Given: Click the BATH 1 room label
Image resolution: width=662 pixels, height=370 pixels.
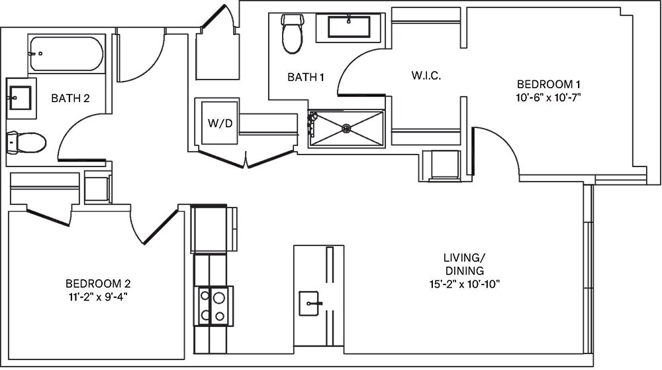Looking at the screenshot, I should pos(305,78).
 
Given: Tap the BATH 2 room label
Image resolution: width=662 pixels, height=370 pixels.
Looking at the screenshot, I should pos(70,99).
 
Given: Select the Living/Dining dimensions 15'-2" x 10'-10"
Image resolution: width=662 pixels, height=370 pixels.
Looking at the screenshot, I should pos(463,284).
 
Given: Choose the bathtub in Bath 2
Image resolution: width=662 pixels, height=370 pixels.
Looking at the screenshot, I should pos(66,54).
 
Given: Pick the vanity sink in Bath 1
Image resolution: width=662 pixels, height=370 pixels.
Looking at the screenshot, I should pos(349,27).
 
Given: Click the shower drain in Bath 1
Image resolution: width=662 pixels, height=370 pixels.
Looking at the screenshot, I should pos(345,129).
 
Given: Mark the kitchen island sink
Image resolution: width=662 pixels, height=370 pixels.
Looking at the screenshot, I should pos(311,304).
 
